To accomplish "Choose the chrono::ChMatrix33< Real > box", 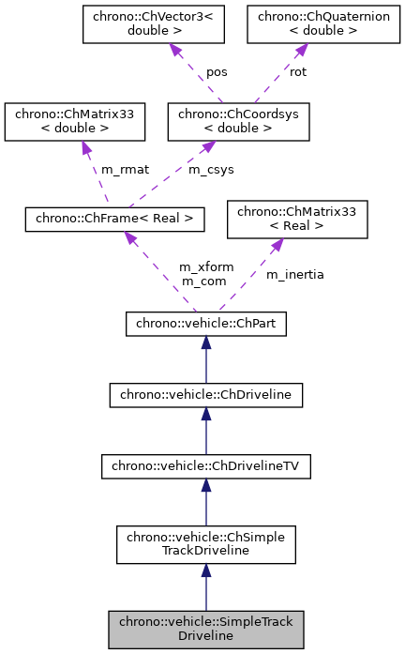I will [297, 220].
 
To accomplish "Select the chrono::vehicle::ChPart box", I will [205, 325].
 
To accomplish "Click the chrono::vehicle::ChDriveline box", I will [205, 394].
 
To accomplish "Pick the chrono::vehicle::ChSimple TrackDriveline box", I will [205, 541].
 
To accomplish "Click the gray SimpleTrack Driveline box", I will [205, 629].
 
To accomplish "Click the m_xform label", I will [206, 267].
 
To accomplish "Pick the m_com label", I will [202, 281].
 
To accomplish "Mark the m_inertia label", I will [294, 274].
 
